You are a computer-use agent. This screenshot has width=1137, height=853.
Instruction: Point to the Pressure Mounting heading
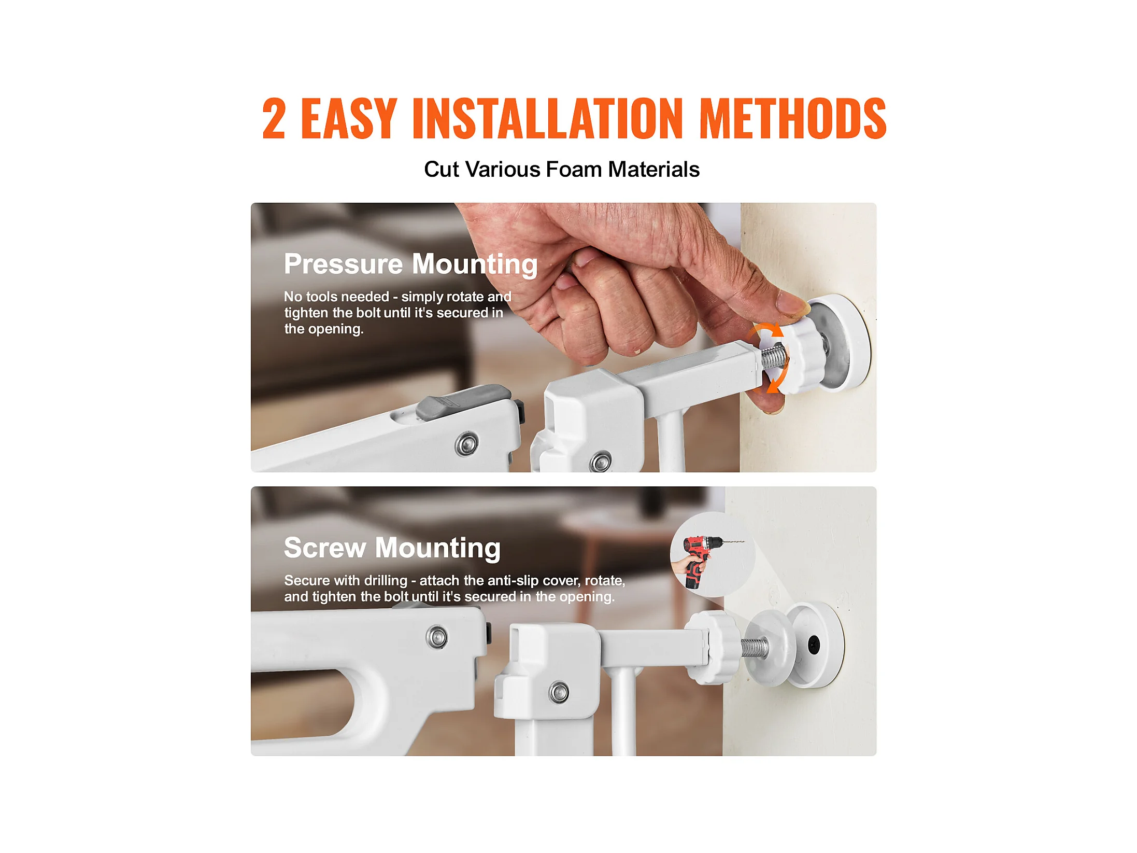(x=411, y=264)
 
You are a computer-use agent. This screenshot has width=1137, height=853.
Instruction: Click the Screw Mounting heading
(x=392, y=548)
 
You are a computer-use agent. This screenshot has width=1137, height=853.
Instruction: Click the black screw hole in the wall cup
(x=814, y=645)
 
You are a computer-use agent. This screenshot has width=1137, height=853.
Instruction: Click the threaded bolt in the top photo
(x=773, y=357)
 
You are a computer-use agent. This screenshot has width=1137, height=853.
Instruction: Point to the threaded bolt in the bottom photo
(x=755, y=648)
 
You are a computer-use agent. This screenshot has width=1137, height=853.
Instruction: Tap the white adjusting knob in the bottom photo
(x=713, y=647)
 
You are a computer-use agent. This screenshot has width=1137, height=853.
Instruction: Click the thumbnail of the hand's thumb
(x=793, y=304)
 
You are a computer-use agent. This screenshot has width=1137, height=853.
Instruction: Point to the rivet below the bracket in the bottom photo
(x=559, y=692)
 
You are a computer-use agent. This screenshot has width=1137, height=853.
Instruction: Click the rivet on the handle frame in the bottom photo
(x=437, y=637)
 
